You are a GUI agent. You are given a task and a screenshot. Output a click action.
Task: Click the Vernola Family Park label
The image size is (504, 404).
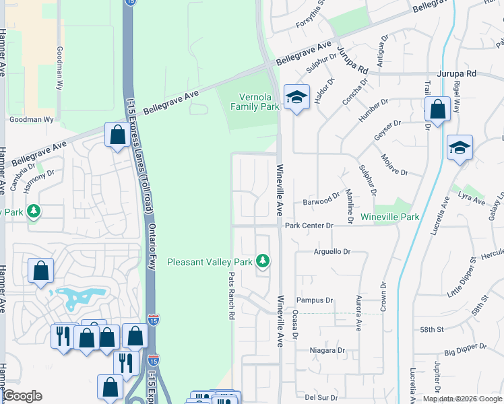[255, 102]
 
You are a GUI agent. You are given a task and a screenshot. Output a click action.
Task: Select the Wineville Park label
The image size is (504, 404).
[390, 217]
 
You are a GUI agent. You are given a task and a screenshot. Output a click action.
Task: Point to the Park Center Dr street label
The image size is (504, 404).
[309, 226]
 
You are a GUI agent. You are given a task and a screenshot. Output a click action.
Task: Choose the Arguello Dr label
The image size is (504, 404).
[332, 252]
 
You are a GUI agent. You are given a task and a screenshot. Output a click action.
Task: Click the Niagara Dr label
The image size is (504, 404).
[327, 350]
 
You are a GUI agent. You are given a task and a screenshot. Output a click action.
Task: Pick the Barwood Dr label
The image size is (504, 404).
[321, 201]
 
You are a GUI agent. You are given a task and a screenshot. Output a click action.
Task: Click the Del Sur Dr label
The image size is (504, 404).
[319, 397]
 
